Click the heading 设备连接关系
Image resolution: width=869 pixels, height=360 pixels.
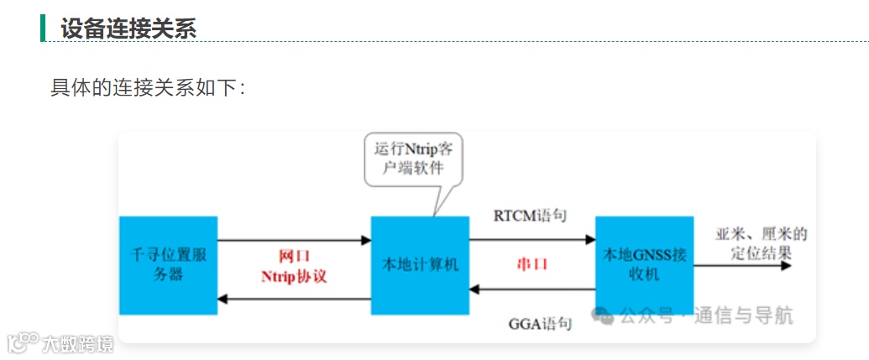click(128, 28)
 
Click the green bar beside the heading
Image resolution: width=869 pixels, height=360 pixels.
click(43, 27)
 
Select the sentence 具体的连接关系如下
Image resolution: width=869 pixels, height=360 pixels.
click(148, 87)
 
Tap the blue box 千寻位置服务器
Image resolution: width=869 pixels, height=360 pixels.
click(168, 265)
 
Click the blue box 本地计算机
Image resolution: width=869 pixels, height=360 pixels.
click(420, 265)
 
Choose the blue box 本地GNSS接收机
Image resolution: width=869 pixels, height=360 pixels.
click(644, 265)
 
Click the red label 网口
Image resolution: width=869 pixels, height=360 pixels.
click(294, 257)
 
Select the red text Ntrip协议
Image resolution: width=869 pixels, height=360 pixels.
click(294, 276)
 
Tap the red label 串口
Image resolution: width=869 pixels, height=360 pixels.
click(531, 264)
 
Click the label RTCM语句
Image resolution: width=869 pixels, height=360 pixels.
click(530, 217)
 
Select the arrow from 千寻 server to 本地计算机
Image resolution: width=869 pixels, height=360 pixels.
click(294, 240)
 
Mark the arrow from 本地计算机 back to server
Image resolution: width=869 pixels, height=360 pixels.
click(294, 299)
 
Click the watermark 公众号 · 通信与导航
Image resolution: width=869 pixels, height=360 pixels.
click(692, 316)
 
